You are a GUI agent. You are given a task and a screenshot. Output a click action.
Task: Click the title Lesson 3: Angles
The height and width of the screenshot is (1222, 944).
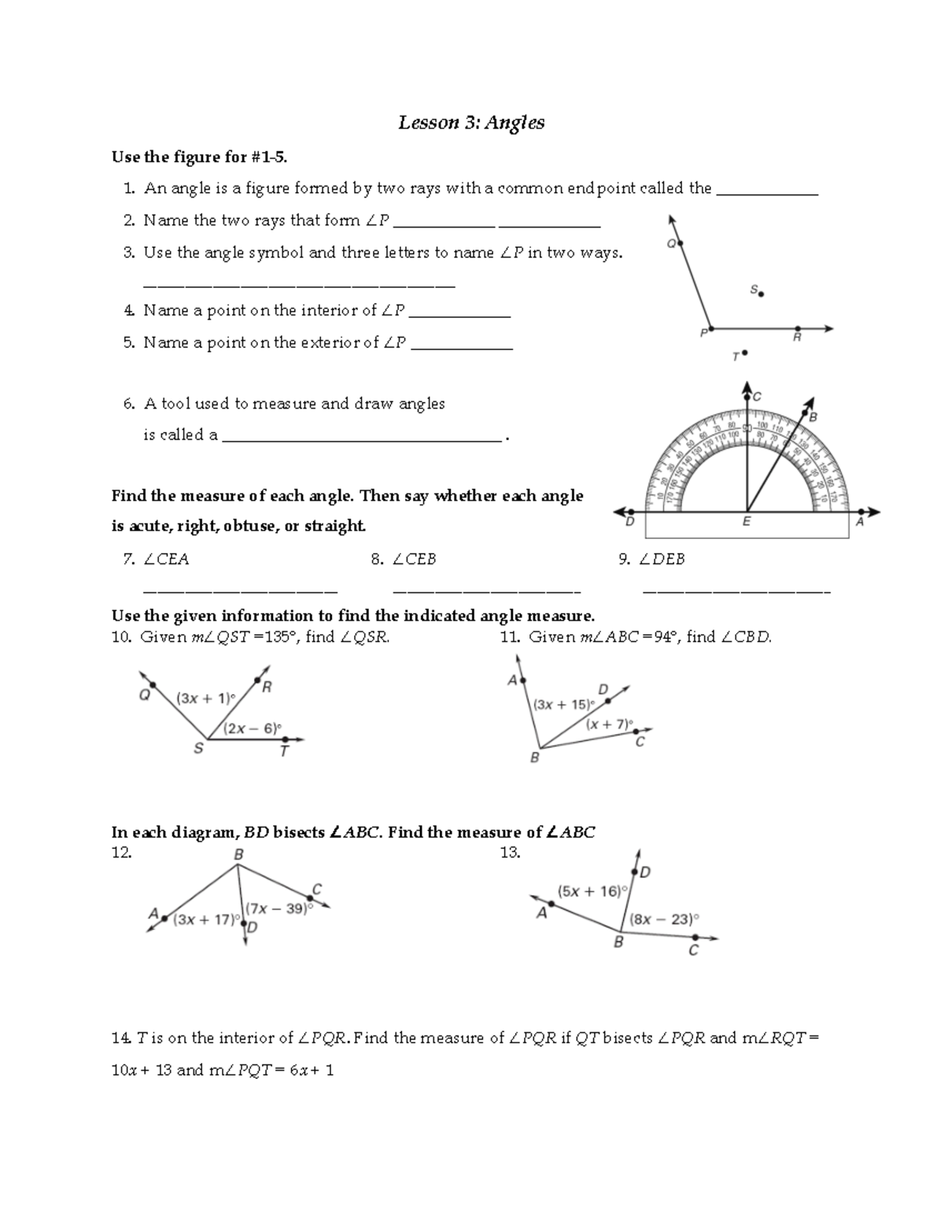tap(471, 123)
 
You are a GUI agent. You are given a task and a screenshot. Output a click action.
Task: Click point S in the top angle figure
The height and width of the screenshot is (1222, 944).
tap(761, 294)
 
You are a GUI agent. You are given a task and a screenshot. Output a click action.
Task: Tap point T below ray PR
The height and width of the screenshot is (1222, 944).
tap(744, 354)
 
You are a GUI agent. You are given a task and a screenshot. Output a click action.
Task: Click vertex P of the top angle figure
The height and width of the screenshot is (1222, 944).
tap(711, 328)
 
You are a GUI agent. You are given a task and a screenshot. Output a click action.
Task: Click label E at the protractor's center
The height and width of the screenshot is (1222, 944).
tap(747, 522)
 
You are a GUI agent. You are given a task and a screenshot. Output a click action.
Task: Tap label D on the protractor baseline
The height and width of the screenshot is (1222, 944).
tap(629, 522)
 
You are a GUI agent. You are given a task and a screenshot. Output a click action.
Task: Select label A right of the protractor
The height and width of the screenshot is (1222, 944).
tap(860, 522)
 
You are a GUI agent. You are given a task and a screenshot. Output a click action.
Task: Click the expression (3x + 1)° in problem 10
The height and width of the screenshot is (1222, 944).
tap(205, 698)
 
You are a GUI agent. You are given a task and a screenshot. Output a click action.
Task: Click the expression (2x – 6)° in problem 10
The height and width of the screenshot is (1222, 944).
tap(252, 729)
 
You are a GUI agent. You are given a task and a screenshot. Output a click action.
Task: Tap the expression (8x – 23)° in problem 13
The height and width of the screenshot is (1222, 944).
tap(664, 918)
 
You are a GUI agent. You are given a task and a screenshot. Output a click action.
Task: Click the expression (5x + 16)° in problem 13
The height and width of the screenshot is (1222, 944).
tap(592, 892)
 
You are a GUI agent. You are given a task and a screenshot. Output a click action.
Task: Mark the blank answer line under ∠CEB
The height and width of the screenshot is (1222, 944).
tap(486, 590)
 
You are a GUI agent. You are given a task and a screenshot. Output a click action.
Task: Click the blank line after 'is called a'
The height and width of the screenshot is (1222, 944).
tap(362, 441)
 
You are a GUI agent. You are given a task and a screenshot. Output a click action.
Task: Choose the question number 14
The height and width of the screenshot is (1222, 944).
tap(120, 1038)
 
